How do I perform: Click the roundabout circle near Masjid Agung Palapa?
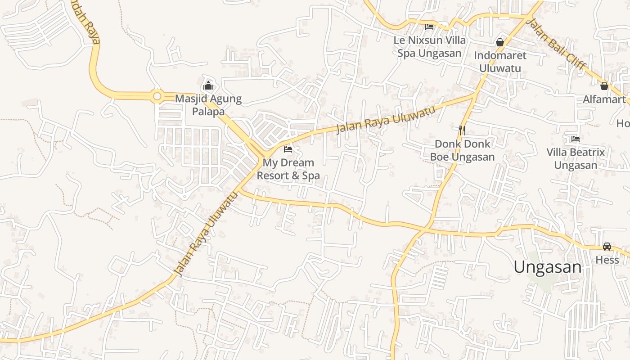[157, 96]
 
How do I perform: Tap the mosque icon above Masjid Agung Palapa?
[208, 85]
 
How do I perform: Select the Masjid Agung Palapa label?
[208, 105]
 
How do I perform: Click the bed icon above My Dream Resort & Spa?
[288, 149]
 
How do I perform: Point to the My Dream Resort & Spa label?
[288, 169]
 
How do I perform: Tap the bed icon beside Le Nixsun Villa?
[429, 27]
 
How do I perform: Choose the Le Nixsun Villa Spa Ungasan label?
[430, 46]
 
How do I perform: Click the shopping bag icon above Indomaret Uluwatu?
[499, 42]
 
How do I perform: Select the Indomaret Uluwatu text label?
[500, 62]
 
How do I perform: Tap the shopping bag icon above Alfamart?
[604, 85]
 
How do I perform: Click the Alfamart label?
[604, 99]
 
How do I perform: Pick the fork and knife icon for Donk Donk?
[462, 130]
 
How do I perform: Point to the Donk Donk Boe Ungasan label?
[462, 150]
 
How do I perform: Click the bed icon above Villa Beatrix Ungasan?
[575, 139]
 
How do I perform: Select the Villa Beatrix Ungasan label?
[576, 158]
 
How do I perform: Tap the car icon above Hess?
[607, 246]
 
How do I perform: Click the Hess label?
[607, 260]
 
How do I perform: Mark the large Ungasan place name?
[547, 267]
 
